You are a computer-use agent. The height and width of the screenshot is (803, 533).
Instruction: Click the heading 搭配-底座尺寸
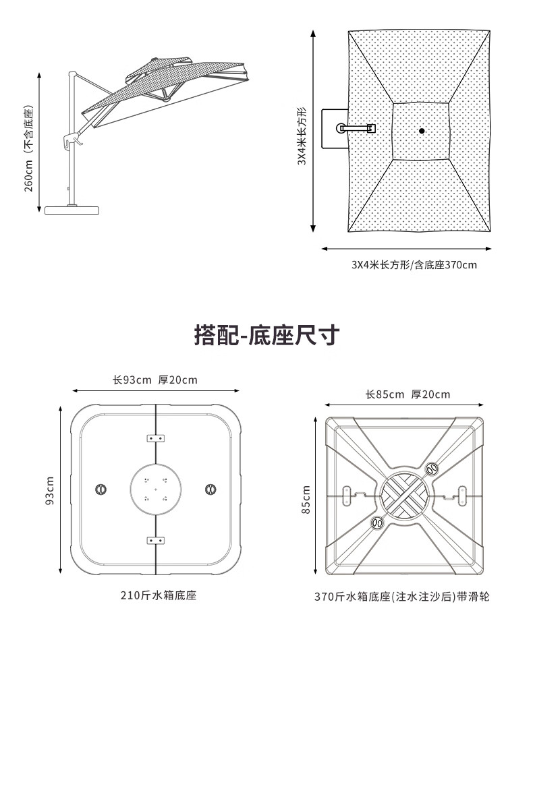pyautogui.click(x=266, y=335)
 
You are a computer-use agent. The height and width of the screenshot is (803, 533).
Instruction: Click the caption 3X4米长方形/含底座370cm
pyautogui.click(x=414, y=265)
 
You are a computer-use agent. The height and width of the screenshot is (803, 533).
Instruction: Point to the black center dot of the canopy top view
pyautogui.click(x=421, y=131)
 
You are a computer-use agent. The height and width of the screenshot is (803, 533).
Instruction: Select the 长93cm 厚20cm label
pyautogui.click(x=155, y=380)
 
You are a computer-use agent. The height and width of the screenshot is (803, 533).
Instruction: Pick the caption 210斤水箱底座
pyautogui.click(x=159, y=595)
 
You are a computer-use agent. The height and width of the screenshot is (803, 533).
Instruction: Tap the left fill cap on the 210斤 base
pyautogui.click(x=102, y=488)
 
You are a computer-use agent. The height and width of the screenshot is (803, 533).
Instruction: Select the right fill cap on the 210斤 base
pyautogui.click(x=210, y=488)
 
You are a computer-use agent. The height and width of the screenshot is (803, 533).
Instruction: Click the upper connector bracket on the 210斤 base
pyautogui.click(x=156, y=438)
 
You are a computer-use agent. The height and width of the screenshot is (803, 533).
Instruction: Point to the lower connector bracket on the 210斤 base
pyautogui.click(x=156, y=540)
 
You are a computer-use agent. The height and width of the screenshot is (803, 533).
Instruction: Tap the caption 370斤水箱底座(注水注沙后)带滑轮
pyautogui.click(x=402, y=597)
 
